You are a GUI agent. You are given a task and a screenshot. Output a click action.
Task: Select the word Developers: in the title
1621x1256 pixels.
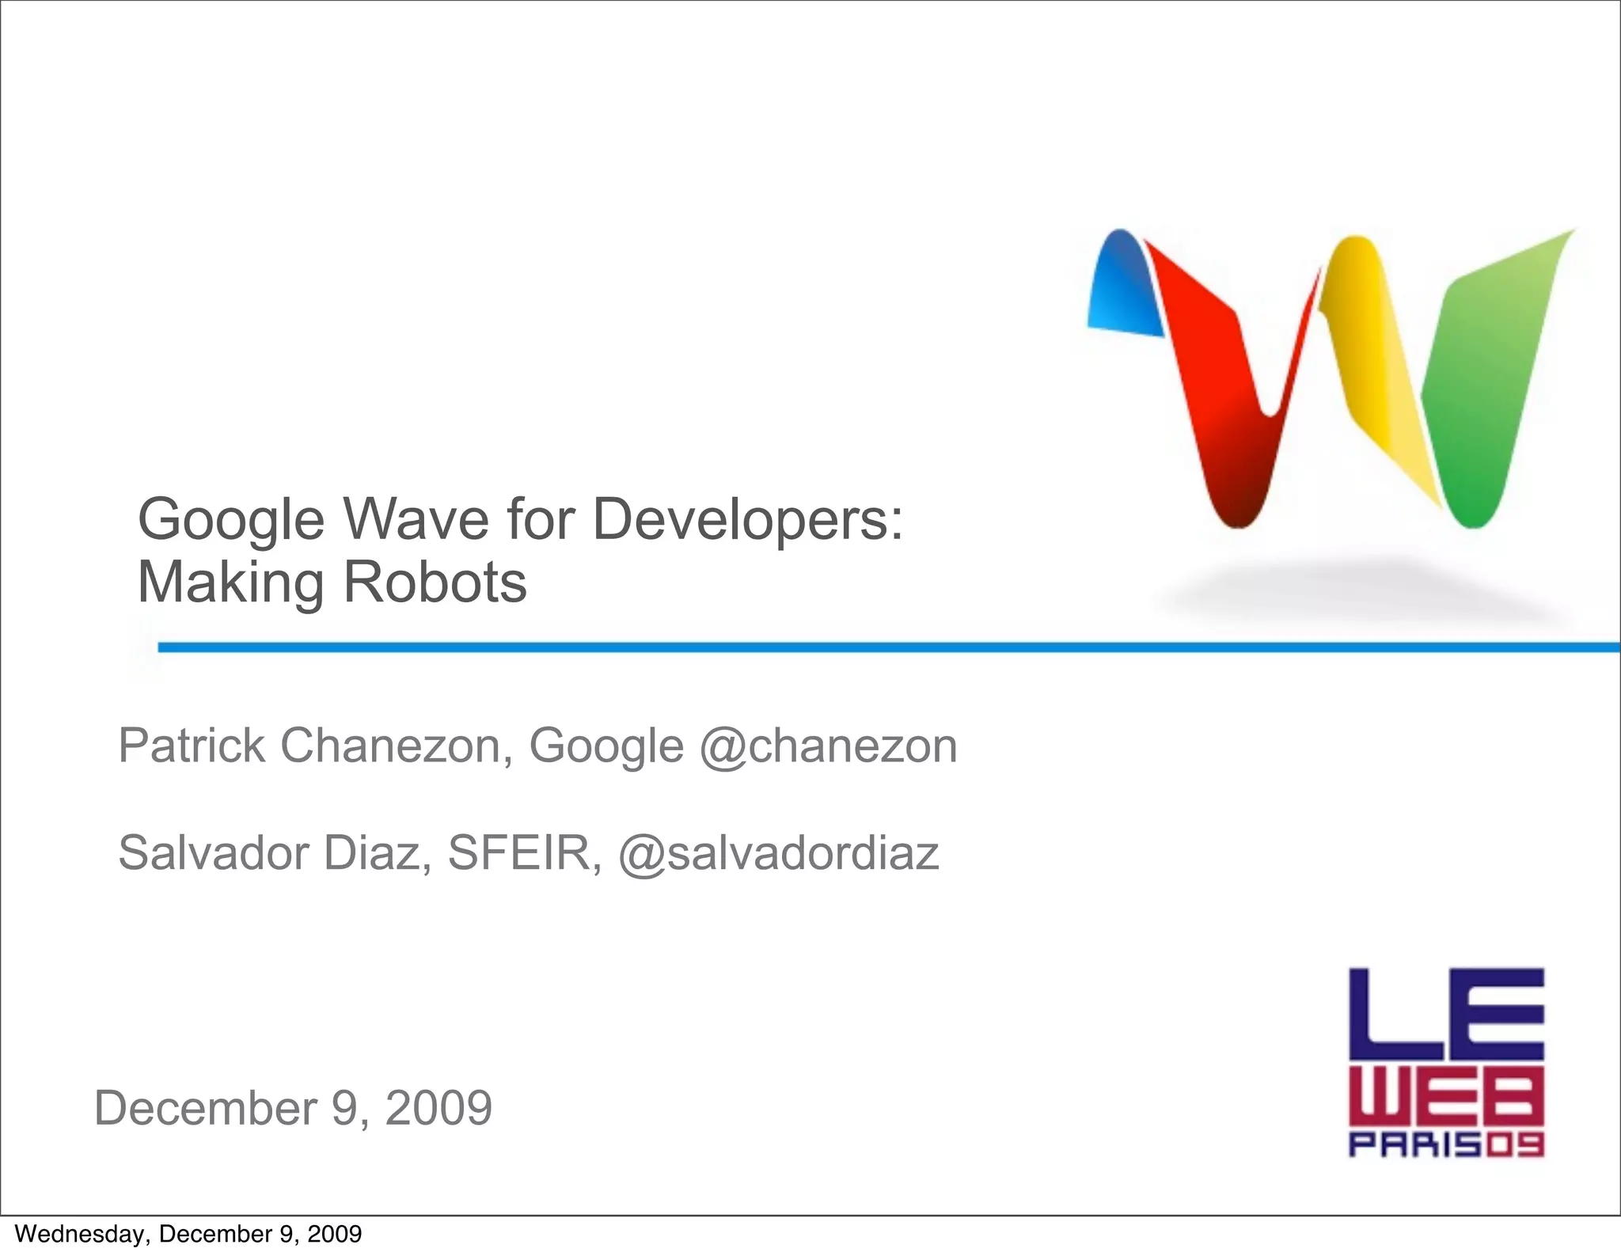(x=748, y=521)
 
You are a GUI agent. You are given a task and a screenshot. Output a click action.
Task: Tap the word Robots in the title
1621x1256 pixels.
(x=435, y=582)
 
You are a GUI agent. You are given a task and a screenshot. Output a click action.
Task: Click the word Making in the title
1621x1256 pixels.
(x=230, y=584)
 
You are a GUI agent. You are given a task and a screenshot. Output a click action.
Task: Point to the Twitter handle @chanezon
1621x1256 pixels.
(x=828, y=746)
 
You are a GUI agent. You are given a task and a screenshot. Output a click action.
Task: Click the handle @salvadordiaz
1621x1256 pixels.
(x=778, y=852)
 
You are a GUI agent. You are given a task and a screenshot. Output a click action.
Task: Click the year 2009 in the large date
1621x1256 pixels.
(x=438, y=1107)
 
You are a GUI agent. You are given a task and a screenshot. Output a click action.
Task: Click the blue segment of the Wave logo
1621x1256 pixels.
(x=1122, y=285)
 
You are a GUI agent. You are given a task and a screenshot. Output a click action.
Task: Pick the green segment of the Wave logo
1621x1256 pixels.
(x=1488, y=380)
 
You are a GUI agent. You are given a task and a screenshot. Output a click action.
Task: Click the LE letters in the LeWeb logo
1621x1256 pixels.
(x=1446, y=1015)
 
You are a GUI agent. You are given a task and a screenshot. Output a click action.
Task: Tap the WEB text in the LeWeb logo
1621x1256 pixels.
(x=1446, y=1099)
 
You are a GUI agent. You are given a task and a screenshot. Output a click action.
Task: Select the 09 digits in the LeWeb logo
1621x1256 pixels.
(x=1513, y=1145)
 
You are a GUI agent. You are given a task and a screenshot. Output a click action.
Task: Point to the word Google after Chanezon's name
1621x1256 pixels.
(x=606, y=746)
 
